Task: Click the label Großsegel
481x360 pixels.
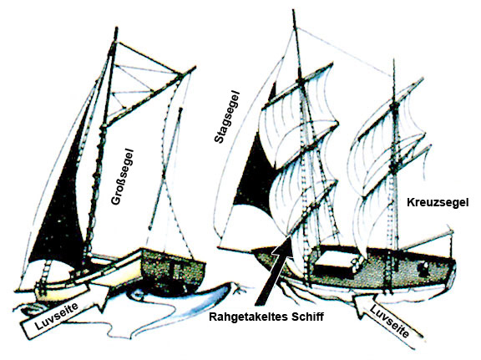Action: [123, 176]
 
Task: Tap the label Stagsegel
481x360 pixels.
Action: [227, 117]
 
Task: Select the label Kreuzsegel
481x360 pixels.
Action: [438, 203]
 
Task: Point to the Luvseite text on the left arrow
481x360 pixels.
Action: [57, 315]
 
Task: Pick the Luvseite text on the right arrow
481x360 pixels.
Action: [389, 322]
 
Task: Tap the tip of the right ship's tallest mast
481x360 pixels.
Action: [294, 11]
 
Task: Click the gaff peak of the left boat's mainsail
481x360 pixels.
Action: [193, 68]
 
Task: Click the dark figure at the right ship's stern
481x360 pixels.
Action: [424, 267]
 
